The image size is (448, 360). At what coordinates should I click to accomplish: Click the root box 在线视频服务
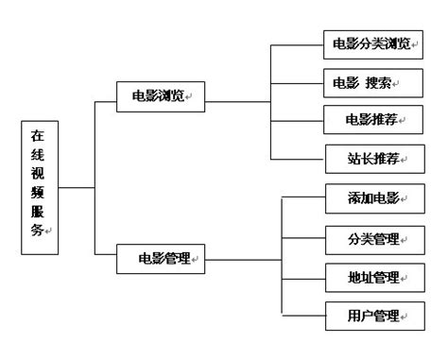coord(38,188)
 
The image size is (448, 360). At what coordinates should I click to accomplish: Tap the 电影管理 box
coord(160,258)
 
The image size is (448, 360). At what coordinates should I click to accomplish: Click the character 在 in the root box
coord(37,136)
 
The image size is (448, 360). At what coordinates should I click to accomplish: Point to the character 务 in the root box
coord(37,231)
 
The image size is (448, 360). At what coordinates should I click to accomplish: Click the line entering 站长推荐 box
coord(297,157)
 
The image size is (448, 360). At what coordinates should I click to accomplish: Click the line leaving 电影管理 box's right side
coord(244,258)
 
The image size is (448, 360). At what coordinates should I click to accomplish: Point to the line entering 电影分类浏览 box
coord(297,43)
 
